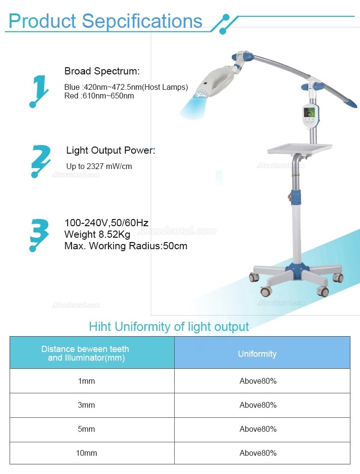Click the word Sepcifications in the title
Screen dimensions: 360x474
pos(142,21)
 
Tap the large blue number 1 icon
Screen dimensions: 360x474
pos(39,91)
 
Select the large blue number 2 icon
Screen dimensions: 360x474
pos(41,161)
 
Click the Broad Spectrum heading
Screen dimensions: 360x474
pos(102,71)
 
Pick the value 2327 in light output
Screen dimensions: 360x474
pos(95,166)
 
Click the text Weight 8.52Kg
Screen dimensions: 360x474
pos(97,234)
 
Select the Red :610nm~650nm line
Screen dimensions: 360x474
pos(99,96)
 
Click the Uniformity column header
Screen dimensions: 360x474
pos(257,353)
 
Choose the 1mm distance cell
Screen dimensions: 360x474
pos(86,381)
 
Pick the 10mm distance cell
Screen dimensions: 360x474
pos(86,453)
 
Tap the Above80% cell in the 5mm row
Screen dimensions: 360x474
pos(258,429)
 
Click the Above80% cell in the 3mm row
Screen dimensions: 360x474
pos(258,405)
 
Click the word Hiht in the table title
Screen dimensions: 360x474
pos(100,327)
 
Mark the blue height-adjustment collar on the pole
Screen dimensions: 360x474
pos(296,197)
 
